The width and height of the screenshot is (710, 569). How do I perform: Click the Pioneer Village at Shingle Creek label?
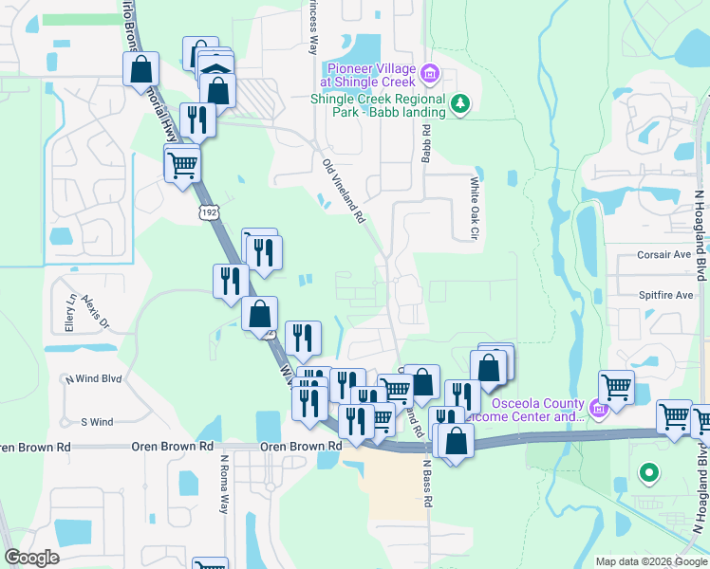(370, 75)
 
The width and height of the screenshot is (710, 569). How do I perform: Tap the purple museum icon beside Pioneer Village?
(429, 73)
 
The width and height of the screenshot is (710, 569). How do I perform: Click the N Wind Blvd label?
(93, 378)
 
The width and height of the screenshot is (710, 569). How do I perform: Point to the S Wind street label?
(97, 422)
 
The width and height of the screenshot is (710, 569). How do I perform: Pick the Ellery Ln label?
(69, 310)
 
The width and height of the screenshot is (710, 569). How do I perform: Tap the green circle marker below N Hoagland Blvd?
(648, 471)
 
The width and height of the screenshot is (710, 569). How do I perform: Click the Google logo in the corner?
(32, 558)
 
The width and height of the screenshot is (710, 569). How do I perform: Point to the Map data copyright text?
(650, 561)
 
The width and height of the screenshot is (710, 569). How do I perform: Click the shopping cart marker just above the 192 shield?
(182, 165)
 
